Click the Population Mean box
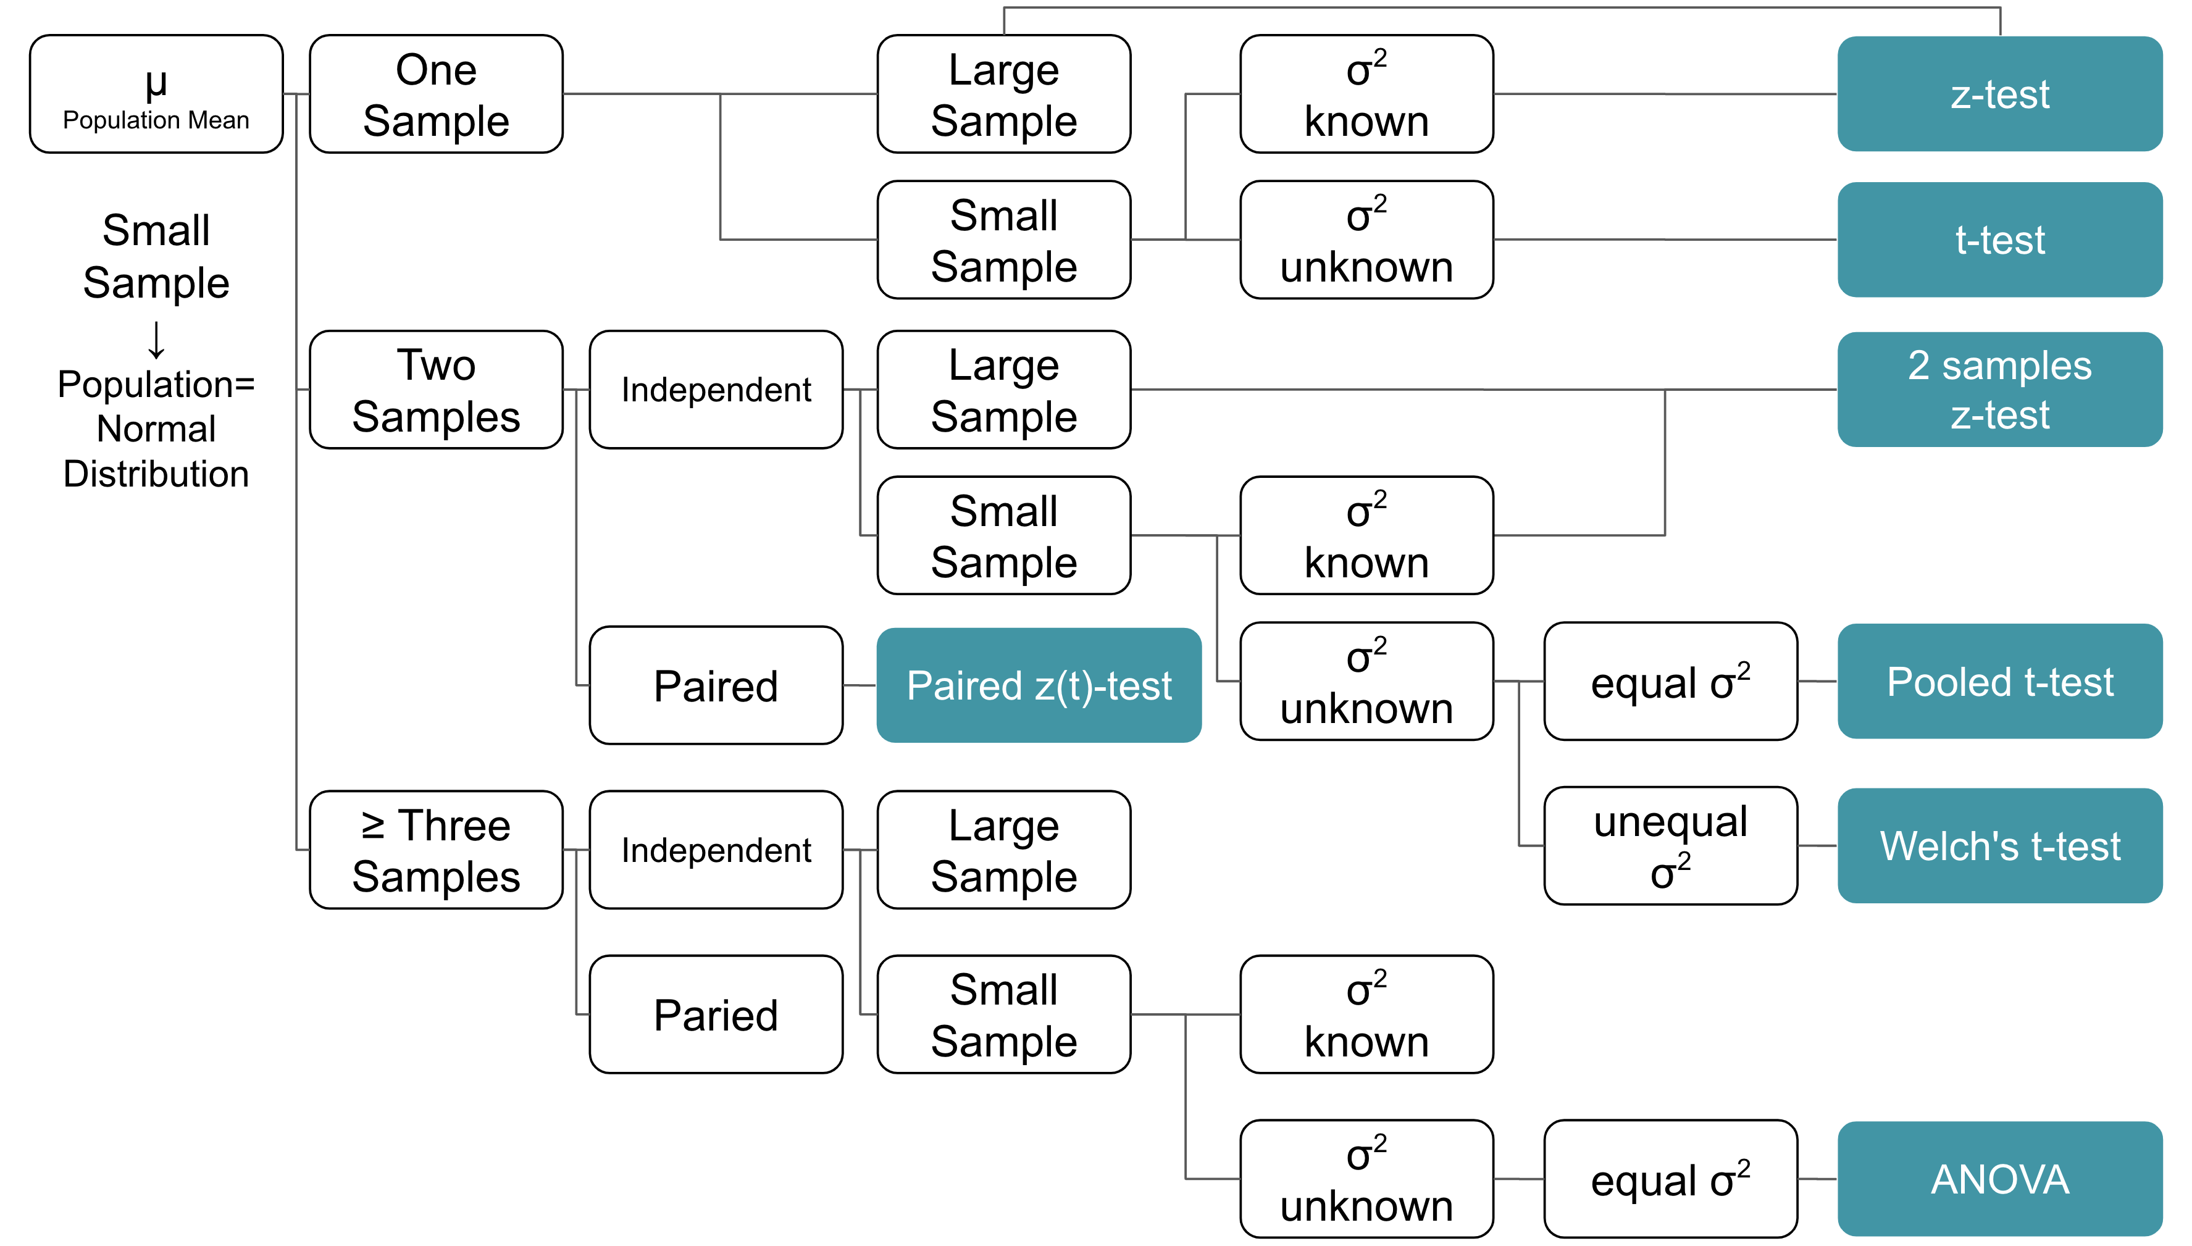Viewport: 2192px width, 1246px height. coord(156,94)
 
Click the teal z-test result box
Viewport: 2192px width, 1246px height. coord(1999,94)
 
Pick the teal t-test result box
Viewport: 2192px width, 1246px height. coord(1999,240)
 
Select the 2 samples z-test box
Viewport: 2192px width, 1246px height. coord(1999,390)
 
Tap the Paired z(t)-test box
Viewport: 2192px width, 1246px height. coord(1039,685)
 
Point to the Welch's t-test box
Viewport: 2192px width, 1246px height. coord(1999,845)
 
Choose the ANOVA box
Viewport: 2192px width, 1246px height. coord(1999,1179)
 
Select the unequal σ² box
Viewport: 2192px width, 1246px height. coord(1670,845)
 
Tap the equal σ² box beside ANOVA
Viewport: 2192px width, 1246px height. coord(1670,1179)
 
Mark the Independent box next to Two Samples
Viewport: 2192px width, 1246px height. coord(716,390)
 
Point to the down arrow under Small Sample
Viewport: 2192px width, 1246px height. coord(156,340)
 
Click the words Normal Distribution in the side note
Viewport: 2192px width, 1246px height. coord(156,451)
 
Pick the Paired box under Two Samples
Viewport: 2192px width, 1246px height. coord(716,685)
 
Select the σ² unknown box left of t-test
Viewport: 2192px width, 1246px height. coord(1366,240)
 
